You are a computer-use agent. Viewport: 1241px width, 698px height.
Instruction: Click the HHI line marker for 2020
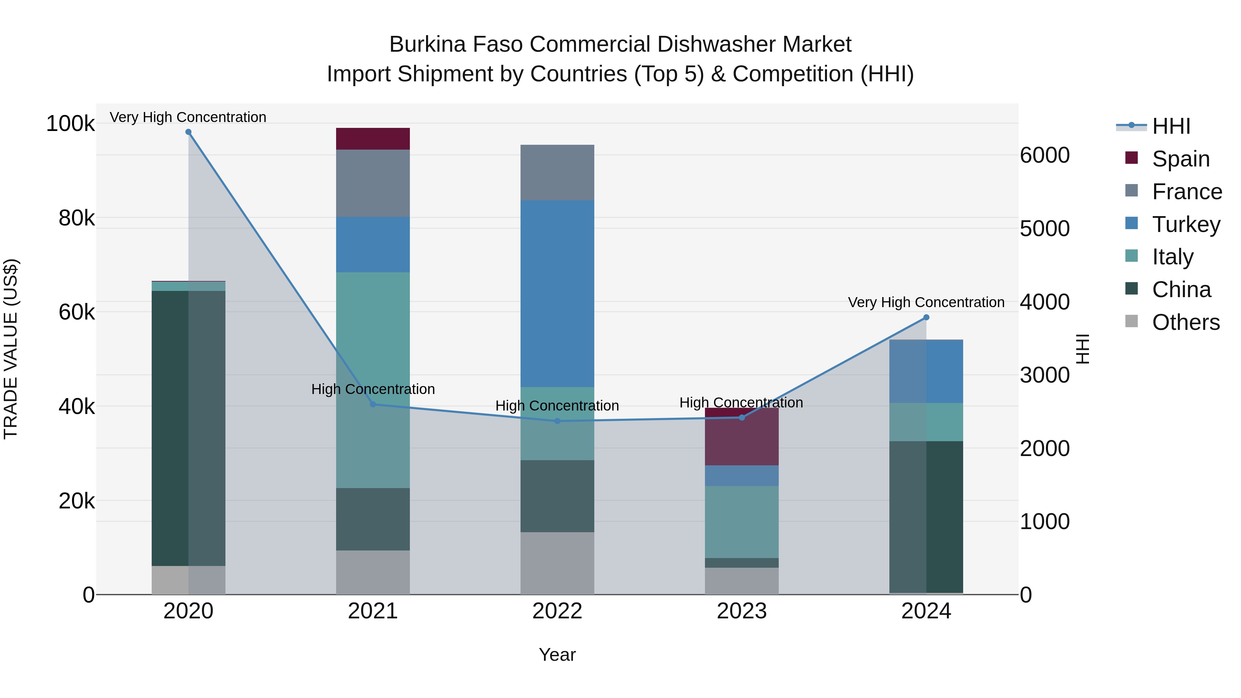click(x=188, y=132)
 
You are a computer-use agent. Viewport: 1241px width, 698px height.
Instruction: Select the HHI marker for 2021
click(x=373, y=404)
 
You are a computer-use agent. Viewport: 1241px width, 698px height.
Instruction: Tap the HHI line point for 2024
click(x=926, y=317)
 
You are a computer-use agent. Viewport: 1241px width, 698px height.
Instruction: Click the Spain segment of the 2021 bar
click(x=373, y=139)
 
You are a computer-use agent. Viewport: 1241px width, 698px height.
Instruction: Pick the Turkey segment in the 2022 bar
click(x=557, y=293)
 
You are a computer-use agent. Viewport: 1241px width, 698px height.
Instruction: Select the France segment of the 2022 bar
click(x=557, y=172)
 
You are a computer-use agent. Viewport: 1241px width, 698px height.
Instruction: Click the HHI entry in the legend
click(x=1171, y=126)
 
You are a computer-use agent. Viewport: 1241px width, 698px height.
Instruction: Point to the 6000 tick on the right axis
click(x=1045, y=155)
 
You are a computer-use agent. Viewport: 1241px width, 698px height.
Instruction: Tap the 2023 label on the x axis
click(x=742, y=611)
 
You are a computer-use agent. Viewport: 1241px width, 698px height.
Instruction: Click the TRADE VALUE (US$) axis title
click(x=11, y=349)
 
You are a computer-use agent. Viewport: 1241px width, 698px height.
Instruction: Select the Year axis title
click(x=557, y=655)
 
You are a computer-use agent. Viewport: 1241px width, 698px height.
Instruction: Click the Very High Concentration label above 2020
click(x=188, y=117)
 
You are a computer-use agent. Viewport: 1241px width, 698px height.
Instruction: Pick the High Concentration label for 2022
click(x=557, y=406)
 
